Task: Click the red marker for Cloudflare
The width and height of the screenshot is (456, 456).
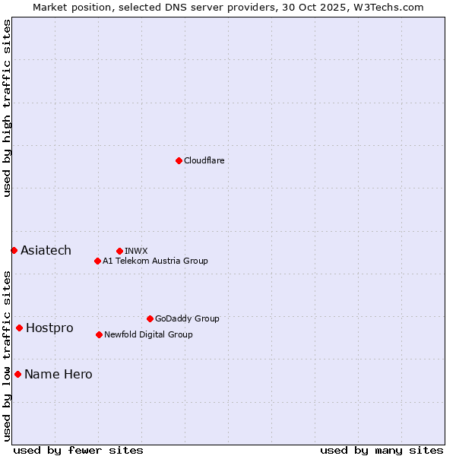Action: pyautogui.click(x=179, y=160)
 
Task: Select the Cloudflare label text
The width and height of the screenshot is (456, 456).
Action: pyautogui.click(x=204, y=160)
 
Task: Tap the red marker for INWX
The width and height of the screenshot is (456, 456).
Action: pyautogui.click(x=119, y=251)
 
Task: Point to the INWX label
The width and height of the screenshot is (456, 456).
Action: pyautogui.click(x=136, y=251)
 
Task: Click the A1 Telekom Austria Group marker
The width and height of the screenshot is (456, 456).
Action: pyautogui.click(x=97, y=261)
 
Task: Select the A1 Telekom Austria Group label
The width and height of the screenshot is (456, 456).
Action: pyautogui.click(x=155, y=261)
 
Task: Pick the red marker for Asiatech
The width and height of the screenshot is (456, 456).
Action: pyautogui.click(x=14, y=250)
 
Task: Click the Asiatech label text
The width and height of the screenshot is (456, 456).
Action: pyautogui.click(x=46, y=250)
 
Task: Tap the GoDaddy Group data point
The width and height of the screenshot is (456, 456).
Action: pyautogui.click(x=150, y=318)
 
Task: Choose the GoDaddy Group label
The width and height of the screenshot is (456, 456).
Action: pyautogui.click(x=187, y=318)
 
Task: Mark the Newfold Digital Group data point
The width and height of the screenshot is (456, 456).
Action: pyautogui.click(x=99, y=334)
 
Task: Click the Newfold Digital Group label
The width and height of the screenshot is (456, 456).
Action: pyautogui.click(x=148, y=334)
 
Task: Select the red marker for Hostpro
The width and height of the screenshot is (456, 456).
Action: pyautogui.click(x=19, y=328)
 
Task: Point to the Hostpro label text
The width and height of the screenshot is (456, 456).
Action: pyautogui.click(x=49, y=328)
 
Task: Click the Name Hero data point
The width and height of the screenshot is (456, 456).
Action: pyautogui.click(x=17, y=374)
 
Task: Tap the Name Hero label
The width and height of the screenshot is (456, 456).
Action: pyautogui.click(x=59, y=374)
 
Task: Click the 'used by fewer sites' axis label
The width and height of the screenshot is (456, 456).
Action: pyautogui.click(x=78, y=450)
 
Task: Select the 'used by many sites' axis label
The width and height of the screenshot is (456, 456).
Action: pyautogui.click(x=382, y=450)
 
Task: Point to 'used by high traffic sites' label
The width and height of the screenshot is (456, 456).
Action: pyautogui.click(x=7, y=108)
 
